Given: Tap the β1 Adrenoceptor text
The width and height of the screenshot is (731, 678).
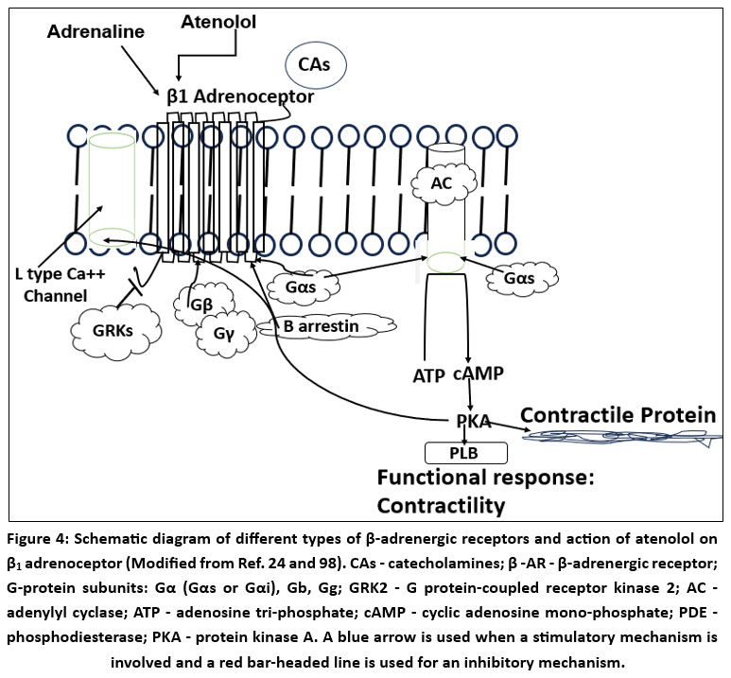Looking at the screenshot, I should tap(240, 96).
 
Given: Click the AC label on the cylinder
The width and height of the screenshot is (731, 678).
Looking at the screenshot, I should tap(442, 183).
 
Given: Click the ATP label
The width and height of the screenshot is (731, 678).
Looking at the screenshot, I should tap(429, 374).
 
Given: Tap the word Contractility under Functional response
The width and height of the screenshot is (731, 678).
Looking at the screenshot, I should tap(441, 506).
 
